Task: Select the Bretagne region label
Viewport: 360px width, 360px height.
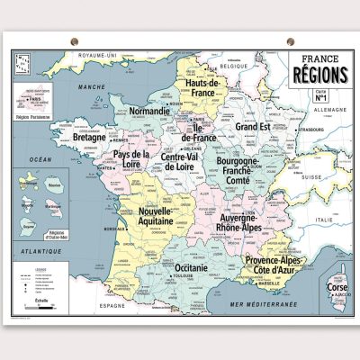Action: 90,139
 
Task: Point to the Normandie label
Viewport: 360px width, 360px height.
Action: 149,112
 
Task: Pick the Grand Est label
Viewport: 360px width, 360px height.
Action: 254,128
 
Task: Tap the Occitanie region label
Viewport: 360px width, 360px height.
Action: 193,268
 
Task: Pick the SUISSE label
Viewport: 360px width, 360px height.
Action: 310,176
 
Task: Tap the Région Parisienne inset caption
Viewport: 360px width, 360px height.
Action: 34,115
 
